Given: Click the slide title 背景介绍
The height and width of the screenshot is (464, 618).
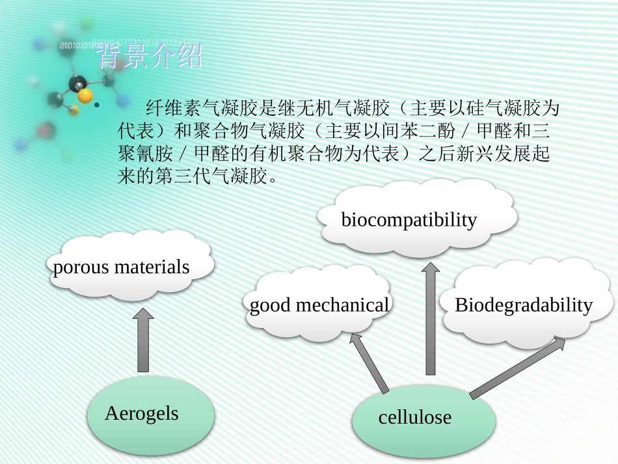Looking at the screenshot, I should [x=149, y=57].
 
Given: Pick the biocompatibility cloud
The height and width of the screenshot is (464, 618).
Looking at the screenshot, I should [x=416, y=219].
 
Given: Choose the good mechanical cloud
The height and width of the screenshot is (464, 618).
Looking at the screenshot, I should [x=319, y=305].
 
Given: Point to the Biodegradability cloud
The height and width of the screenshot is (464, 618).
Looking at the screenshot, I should [x=524, y=304].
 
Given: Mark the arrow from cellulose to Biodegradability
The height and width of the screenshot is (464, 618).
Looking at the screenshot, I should [x=518, y=368].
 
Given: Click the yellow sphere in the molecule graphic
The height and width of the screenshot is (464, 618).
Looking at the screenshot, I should [x=84, y=96].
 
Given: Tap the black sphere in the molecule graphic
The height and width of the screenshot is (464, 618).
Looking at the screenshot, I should [x=78, y=83].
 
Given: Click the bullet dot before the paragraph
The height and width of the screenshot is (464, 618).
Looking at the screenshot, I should [x=96, y=106].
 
